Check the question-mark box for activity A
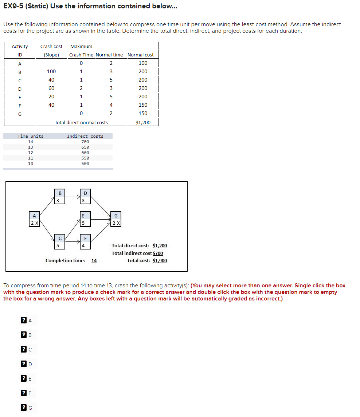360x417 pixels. point(24,320)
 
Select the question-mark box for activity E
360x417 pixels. point(24,379)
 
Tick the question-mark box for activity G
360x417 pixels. point(24,408)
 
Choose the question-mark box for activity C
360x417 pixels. point(24,350)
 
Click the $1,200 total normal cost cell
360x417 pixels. point(142,122)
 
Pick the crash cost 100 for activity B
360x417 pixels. point(51,71)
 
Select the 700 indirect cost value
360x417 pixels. point(85,142)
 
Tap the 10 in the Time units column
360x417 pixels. point(31,164)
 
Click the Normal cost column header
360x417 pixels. point(141,55)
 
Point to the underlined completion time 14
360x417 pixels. point(94,260)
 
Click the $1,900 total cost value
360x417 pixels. point(160,260)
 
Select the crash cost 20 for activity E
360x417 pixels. point(51,97)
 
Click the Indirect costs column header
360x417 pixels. point(85,136)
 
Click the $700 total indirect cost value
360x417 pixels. point(158,253)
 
